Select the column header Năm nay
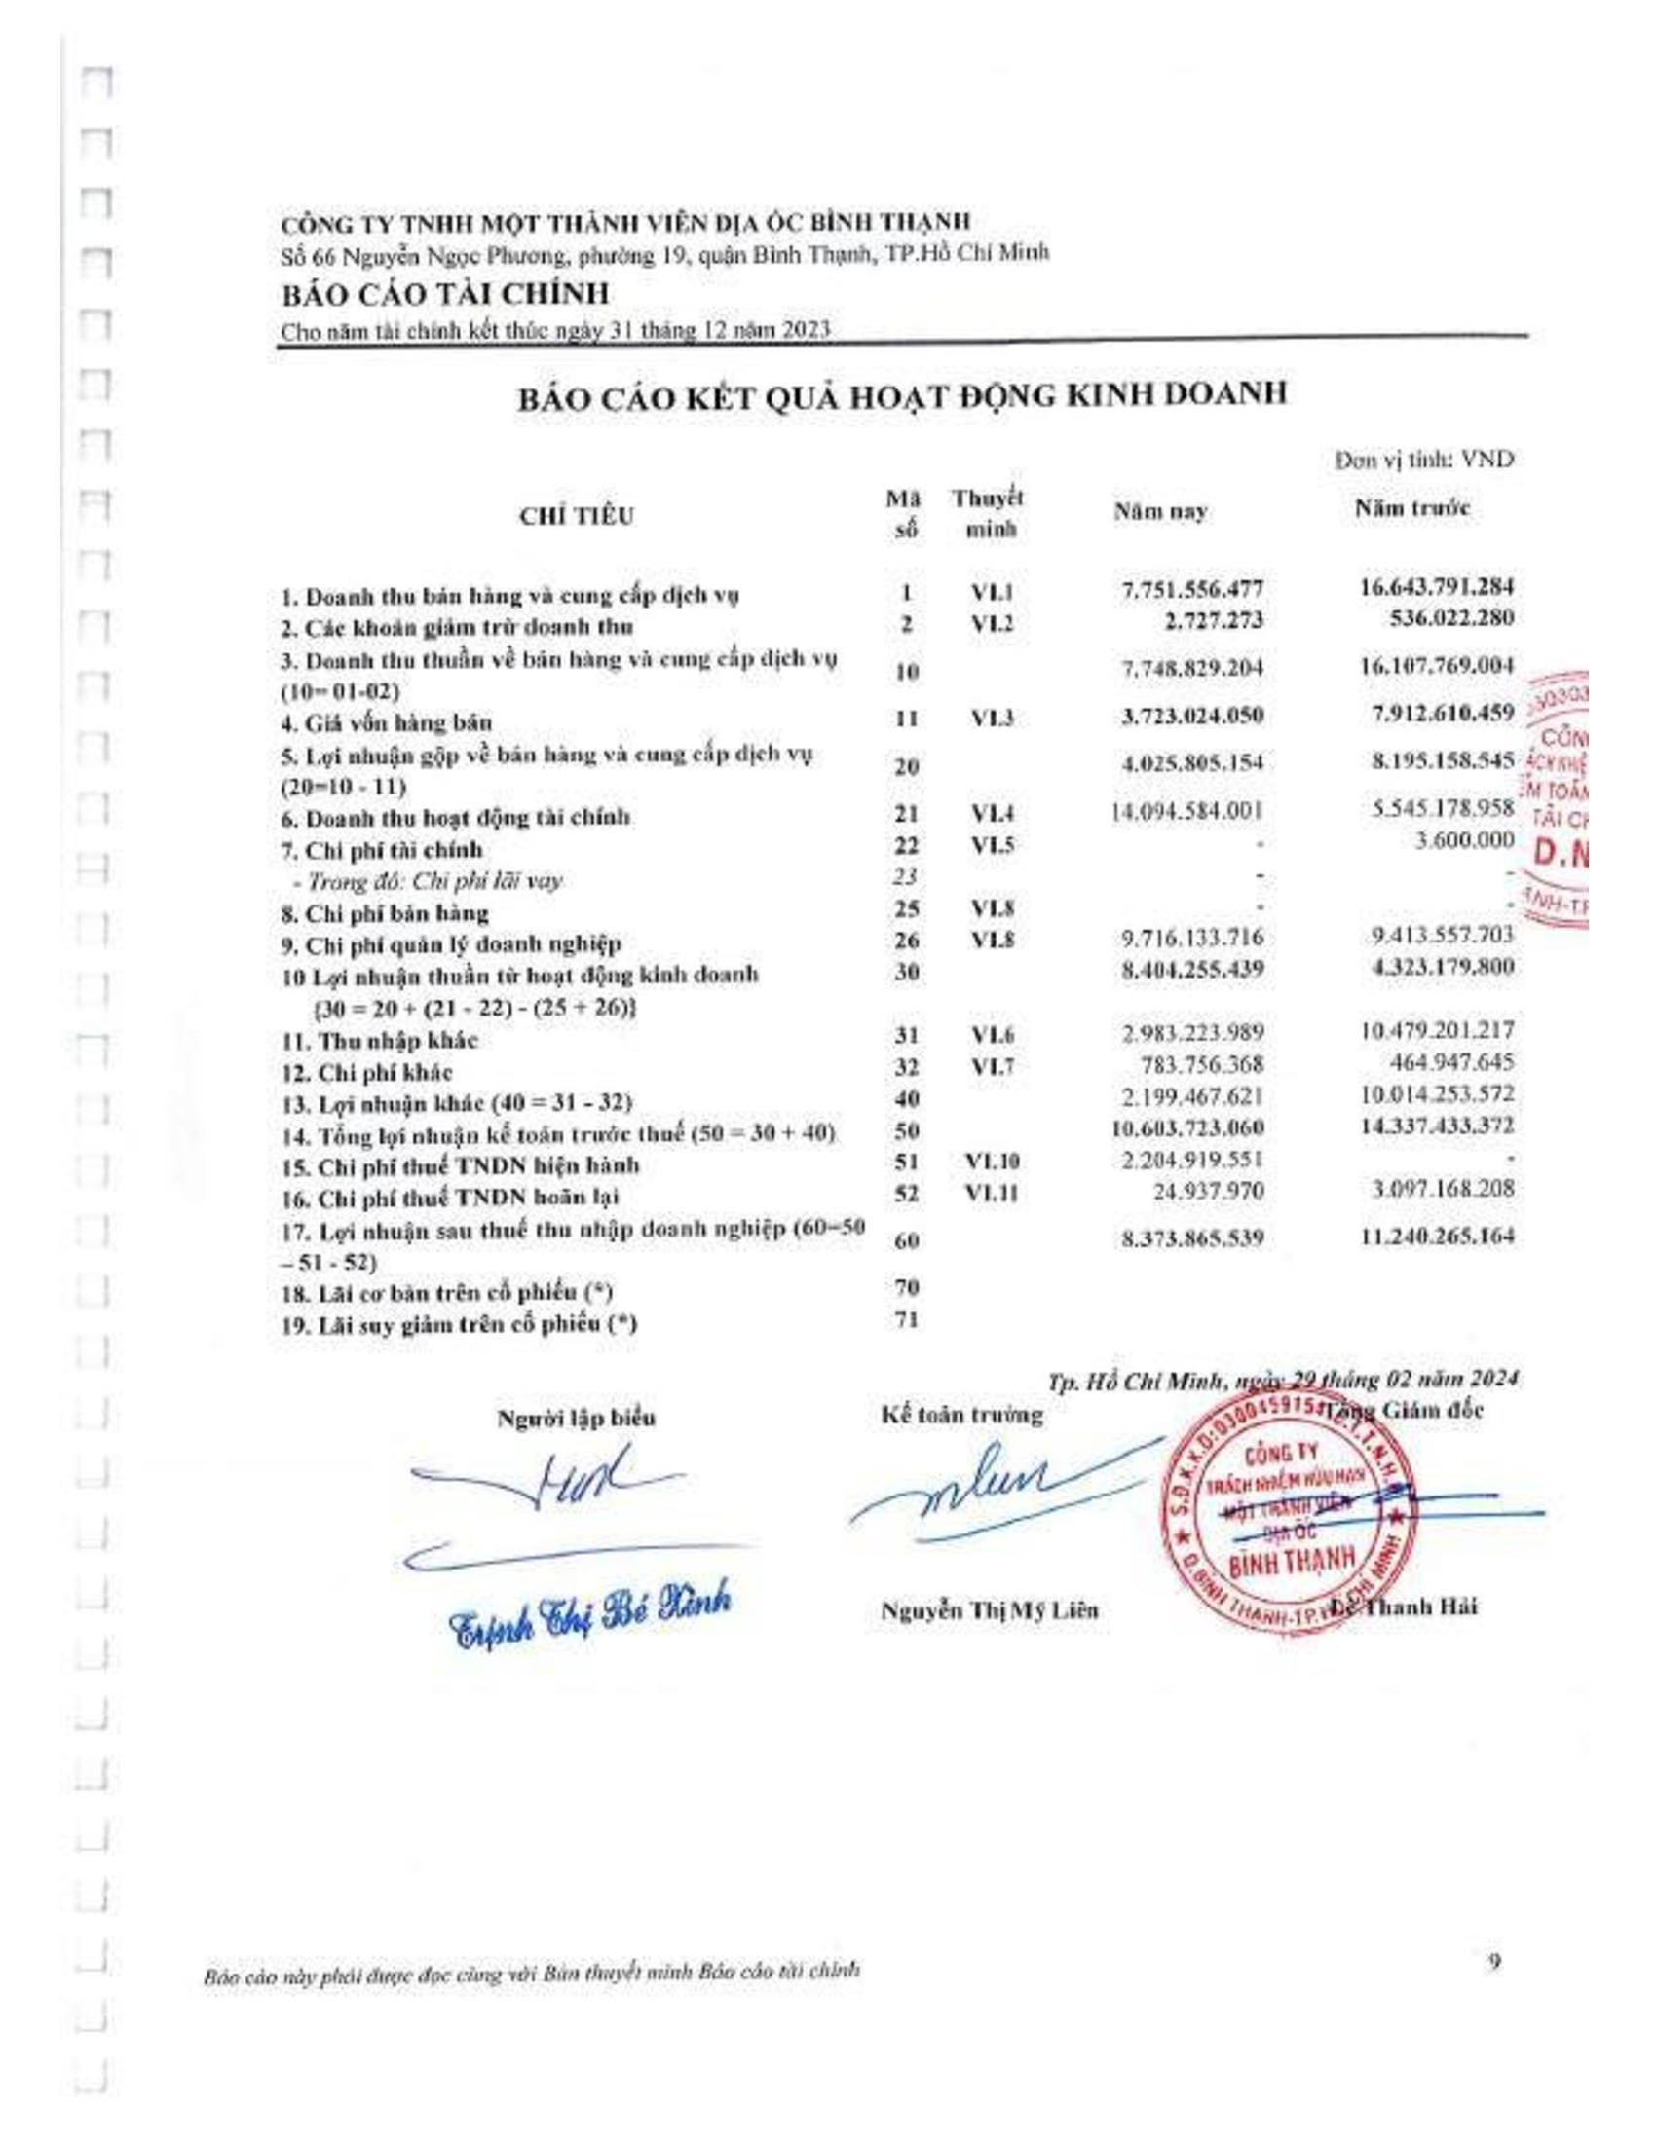pos(1159,512)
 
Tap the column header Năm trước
pos(1412,508)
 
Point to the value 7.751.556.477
pos(1192,589)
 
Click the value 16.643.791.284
pos(1436,586)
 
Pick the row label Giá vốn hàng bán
pos(386,723)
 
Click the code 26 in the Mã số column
pos(908,942)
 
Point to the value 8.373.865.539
pos(1192,1238)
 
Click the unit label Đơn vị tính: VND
pos(1423,460)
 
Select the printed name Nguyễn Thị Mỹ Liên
pos(989,1609)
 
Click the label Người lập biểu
pos(577,1419)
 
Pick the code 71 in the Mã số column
pos(908,1321)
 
